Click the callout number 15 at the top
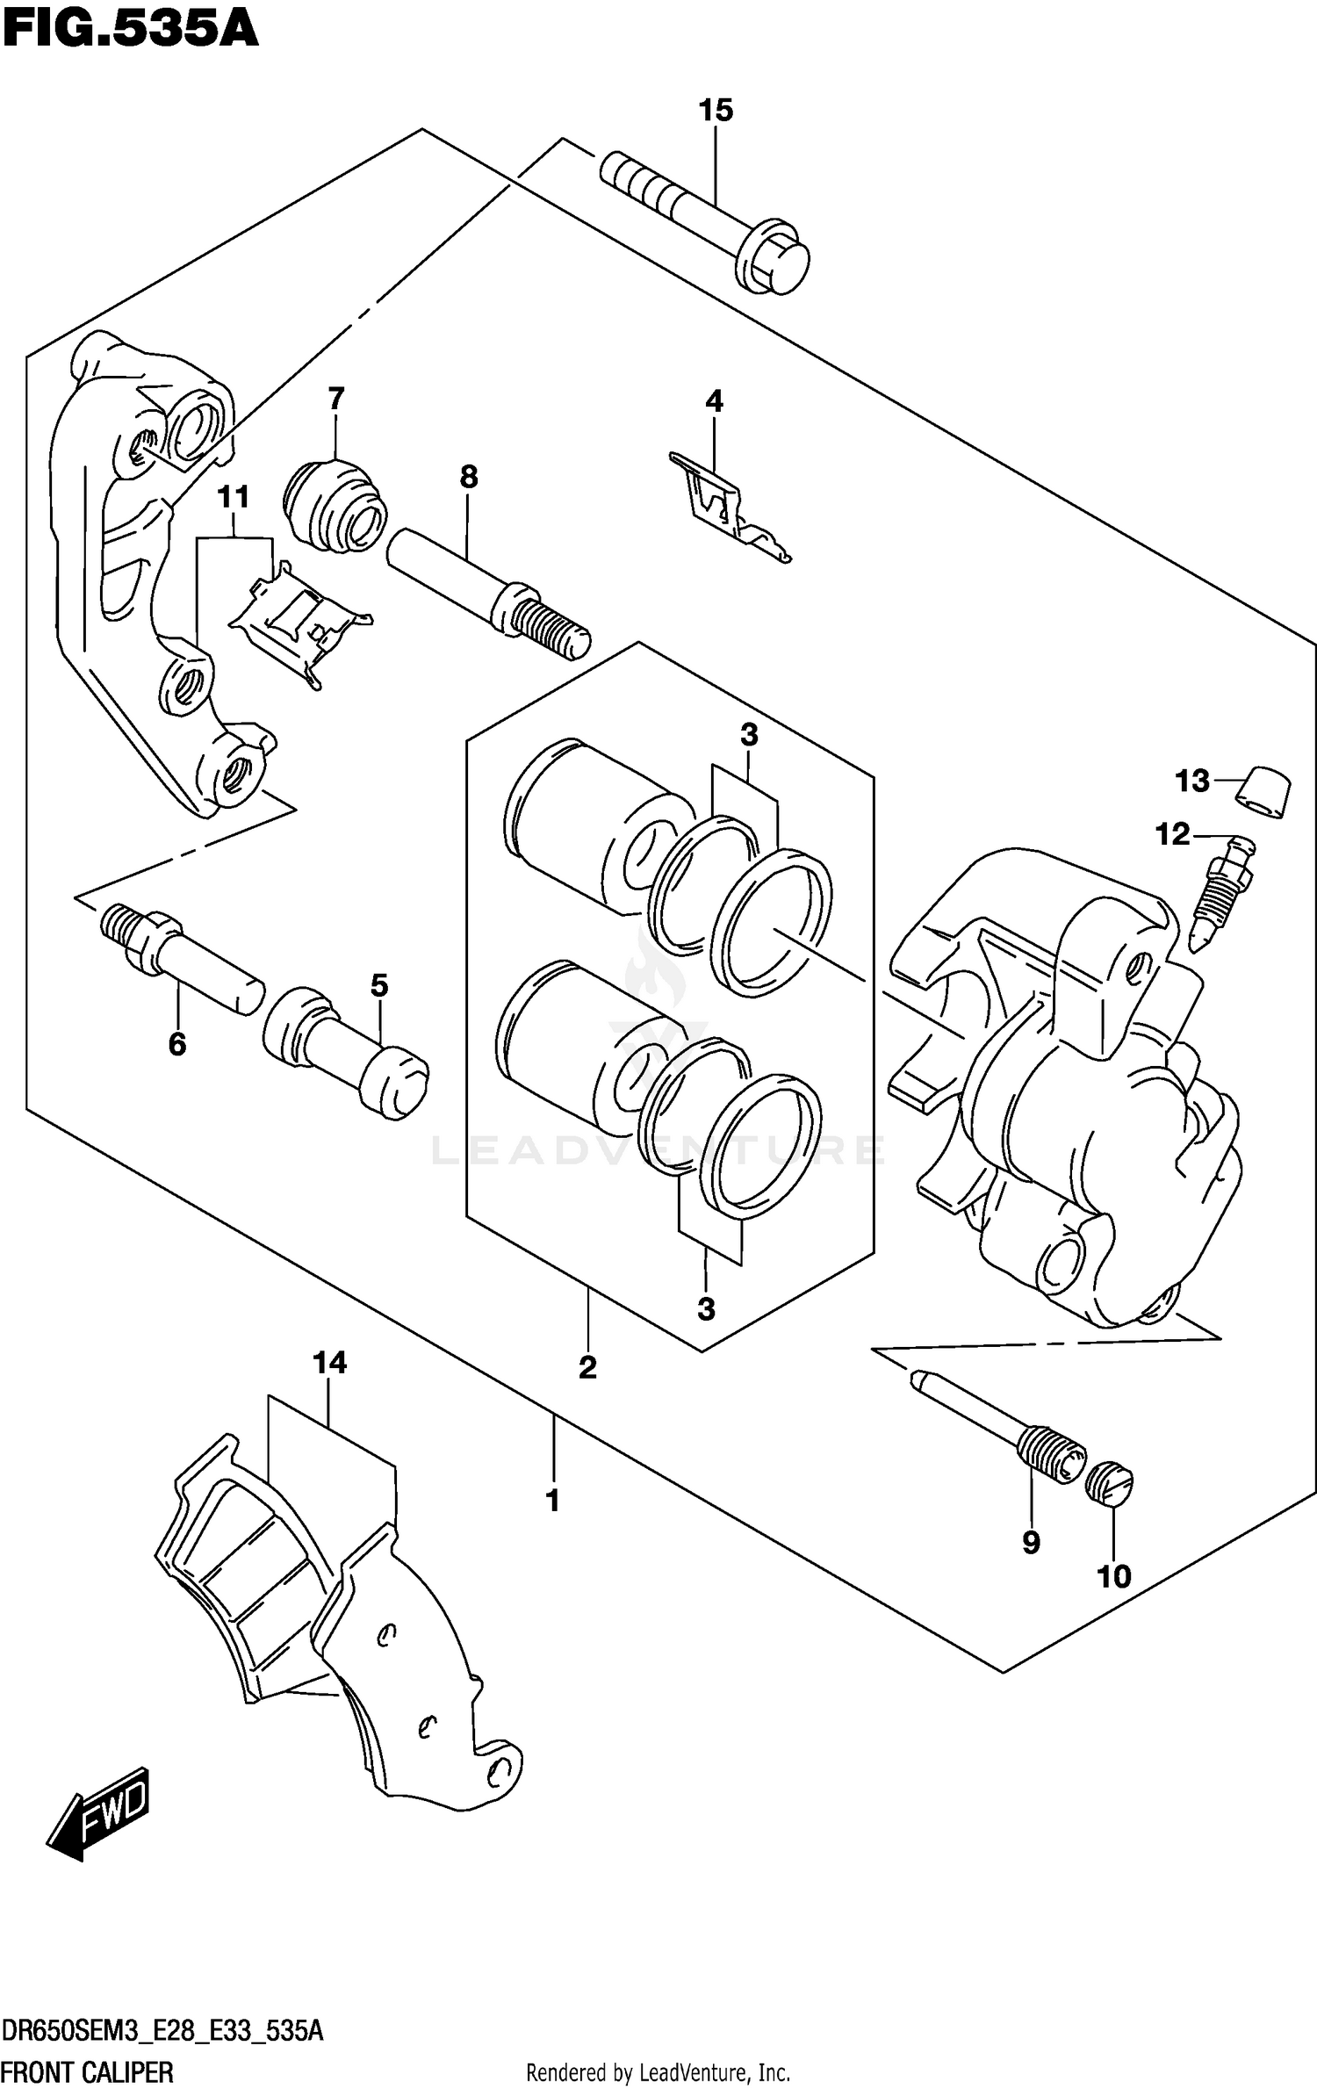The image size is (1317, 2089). point(716,112)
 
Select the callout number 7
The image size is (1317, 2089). point(336,400)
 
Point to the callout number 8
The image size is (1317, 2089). point(469,478)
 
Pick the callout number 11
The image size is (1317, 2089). point(234,498)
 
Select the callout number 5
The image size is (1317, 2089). point(378,985)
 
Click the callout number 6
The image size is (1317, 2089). point(177,1044)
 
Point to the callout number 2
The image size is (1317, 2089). point(587,1367)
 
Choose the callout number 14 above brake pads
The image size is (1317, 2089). point(329,1363)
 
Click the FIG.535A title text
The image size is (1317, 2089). point(130,29)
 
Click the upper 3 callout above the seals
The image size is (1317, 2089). point(749,735)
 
